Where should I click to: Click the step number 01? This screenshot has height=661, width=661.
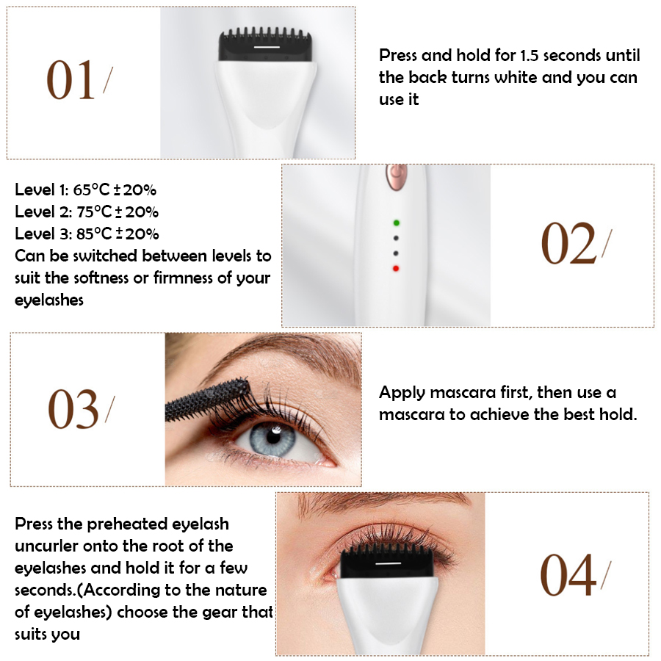pyautogui.click(x=71, y=80)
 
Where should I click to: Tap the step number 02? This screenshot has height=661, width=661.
pyautogui.click(x=568, y=244)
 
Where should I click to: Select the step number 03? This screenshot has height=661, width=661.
pyautogui.click(x=73, y=409)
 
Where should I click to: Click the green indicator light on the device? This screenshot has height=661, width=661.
pyautogui.click(x=397, y=222)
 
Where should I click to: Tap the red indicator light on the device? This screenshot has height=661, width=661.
pyautogui.click(x=397, y=268)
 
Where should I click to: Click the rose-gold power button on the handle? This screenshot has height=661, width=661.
pyautogui.click(x=397, y=176)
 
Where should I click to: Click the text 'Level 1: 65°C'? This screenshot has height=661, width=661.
pyautogui.click(x=62, y=190)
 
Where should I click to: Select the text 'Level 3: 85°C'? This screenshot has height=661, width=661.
pyautogui.click(x=62, y=234)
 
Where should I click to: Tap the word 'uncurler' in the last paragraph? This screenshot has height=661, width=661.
pyautogui.click(x=48, y=546)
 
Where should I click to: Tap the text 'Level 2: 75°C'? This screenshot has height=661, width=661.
pyautogui.click(x=62, y=212)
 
